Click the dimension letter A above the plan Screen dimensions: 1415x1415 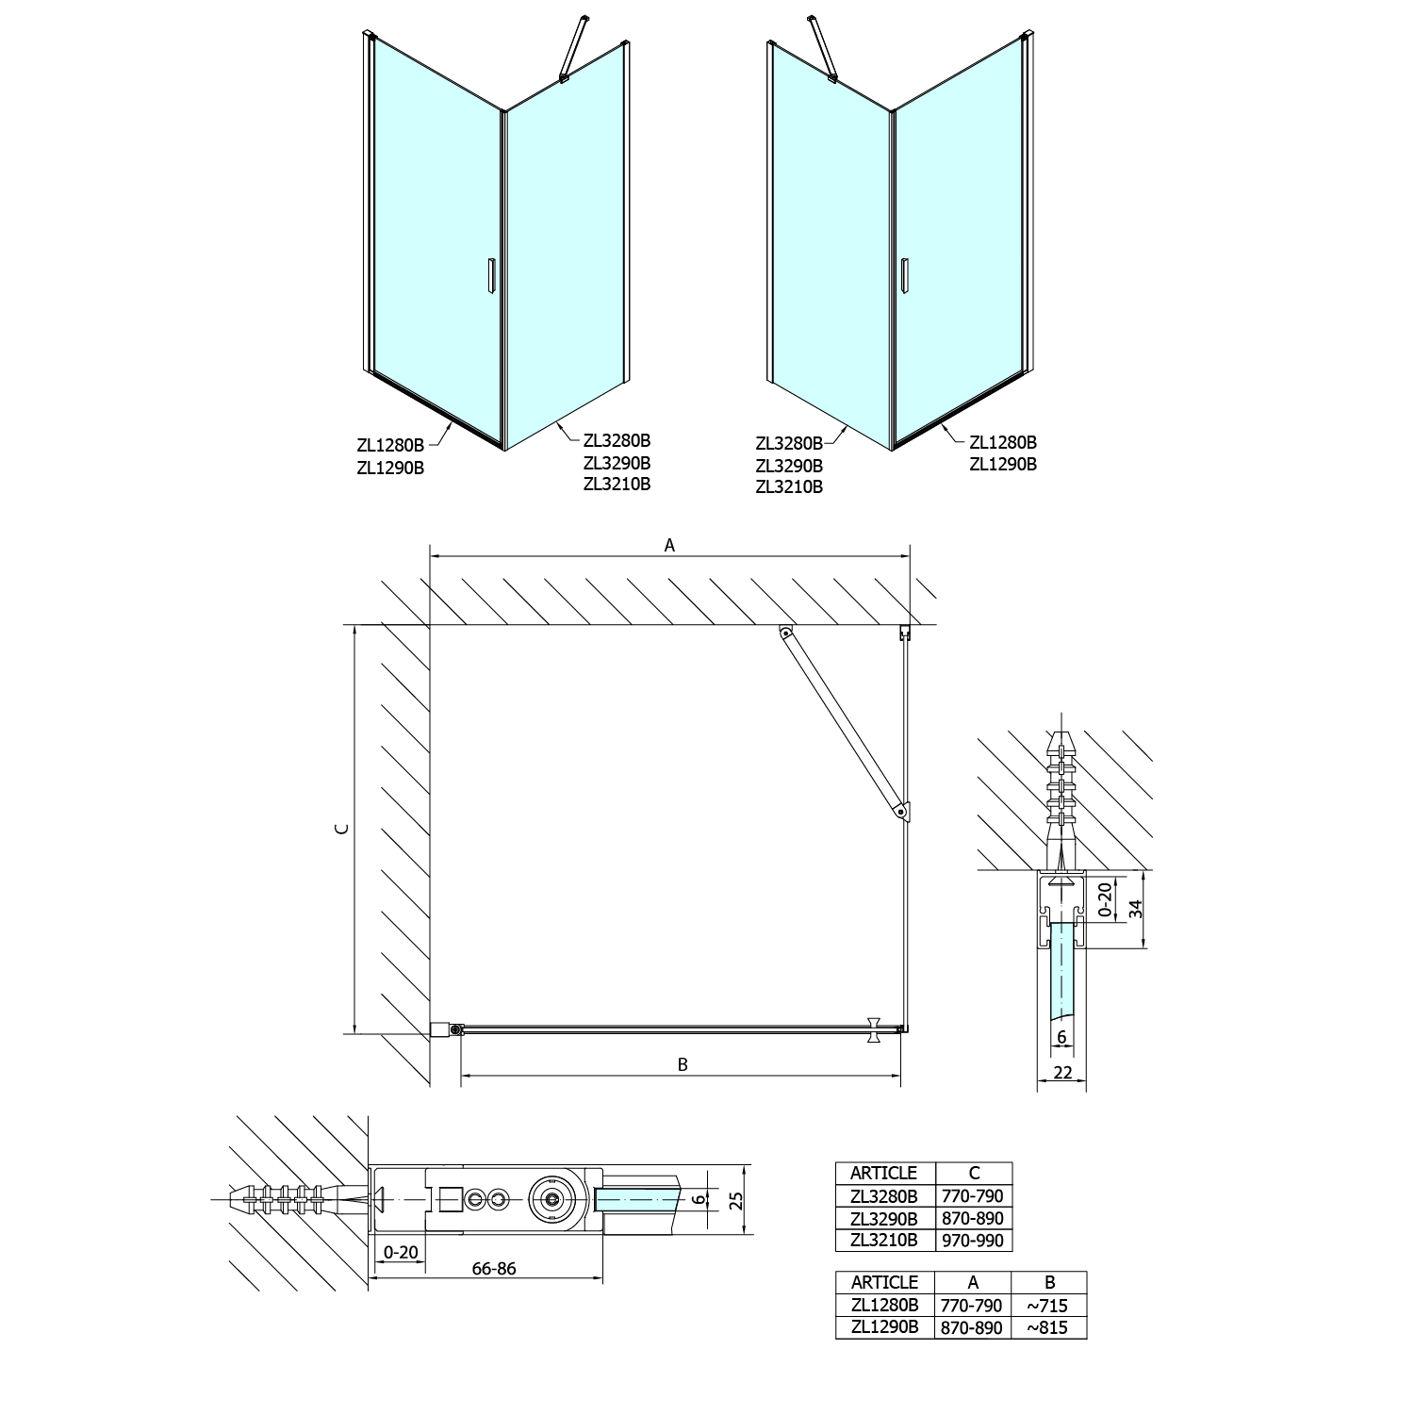pyautogui.click(x=670, y=545)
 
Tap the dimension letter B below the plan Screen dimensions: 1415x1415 pyautogui.click(x=683, y=1064)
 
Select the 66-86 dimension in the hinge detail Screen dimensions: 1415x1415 pyautogui.click(x=494, y=1268)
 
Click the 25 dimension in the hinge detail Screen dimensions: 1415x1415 pyautogui.click(x=736, y=1199)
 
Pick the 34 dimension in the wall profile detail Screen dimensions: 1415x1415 pyautogui.click(x=1136, y=909)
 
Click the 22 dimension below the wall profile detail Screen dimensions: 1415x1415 pyautogui.click(x=1062, y=1071)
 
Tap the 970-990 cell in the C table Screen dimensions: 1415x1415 pyautogui.click(x=974, y=1240)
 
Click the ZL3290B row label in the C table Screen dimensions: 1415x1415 pyautogui.click(x=884, y=1218)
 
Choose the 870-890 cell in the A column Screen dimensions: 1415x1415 pyautogui.click(x=972, y=1327)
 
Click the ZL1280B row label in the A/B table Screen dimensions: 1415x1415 pyautogui.click(x=884, y=1306)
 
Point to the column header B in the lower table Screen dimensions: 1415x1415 pyautogui.click(x=1050, y=1282)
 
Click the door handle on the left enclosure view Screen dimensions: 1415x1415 pyautogui.click(x=490, y=278)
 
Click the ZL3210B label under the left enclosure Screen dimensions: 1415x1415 pyautogui.click(x=617, y=485)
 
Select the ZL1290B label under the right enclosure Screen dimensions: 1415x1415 pyautogui.click(x=1004, y=464)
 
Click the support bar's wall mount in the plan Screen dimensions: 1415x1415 pyautogui.click(x=784, y=634)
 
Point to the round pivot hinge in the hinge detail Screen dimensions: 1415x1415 pyautogui.click(x=552, y=1199)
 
